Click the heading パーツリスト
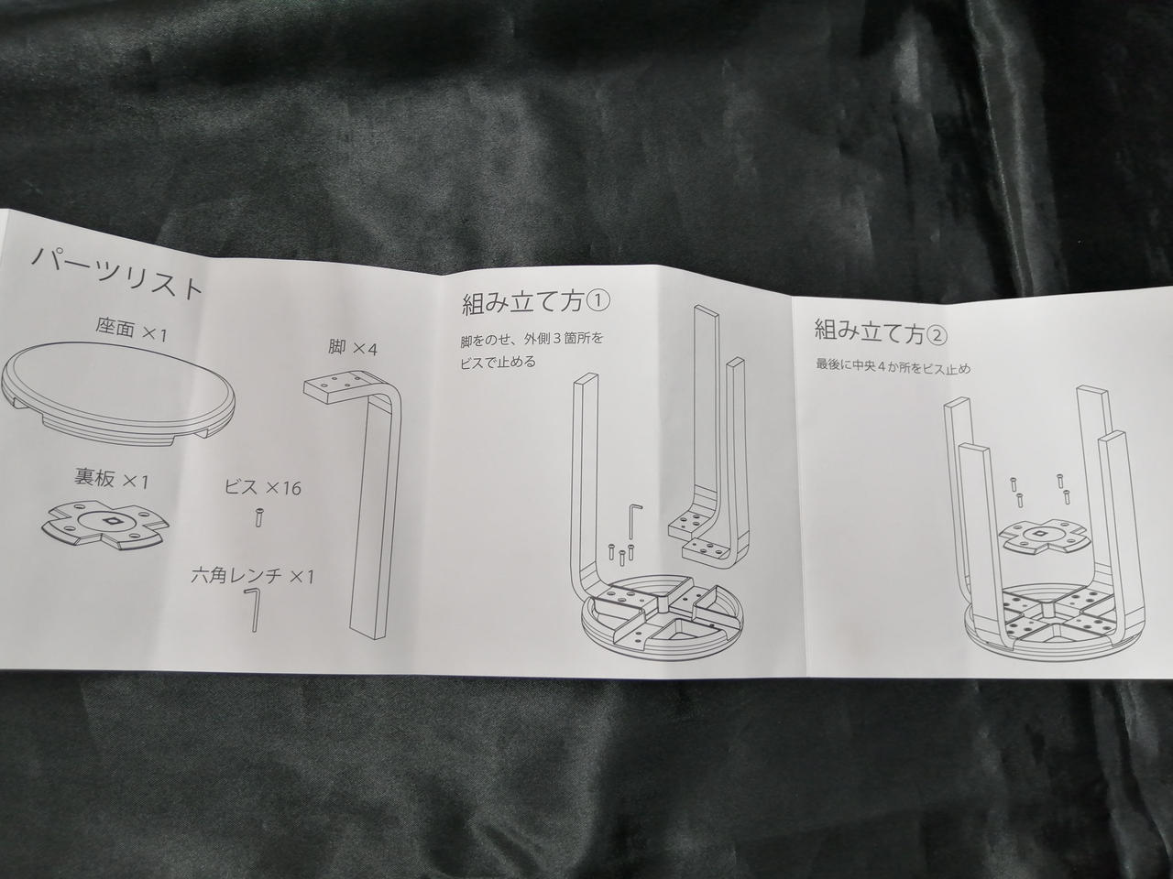coord(116,277)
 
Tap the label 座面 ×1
coord(131,331)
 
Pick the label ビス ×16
coord(263,487)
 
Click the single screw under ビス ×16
coord(258,517)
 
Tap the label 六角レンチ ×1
coord(253,577)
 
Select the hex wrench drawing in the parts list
coord(252,608)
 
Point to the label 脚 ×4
coord(353,349)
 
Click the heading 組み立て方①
coord(535,305)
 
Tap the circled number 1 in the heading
coord(597,302)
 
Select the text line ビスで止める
coord(498,362)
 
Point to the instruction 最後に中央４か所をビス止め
coord(893,367)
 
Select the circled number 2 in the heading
coord(937,336)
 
